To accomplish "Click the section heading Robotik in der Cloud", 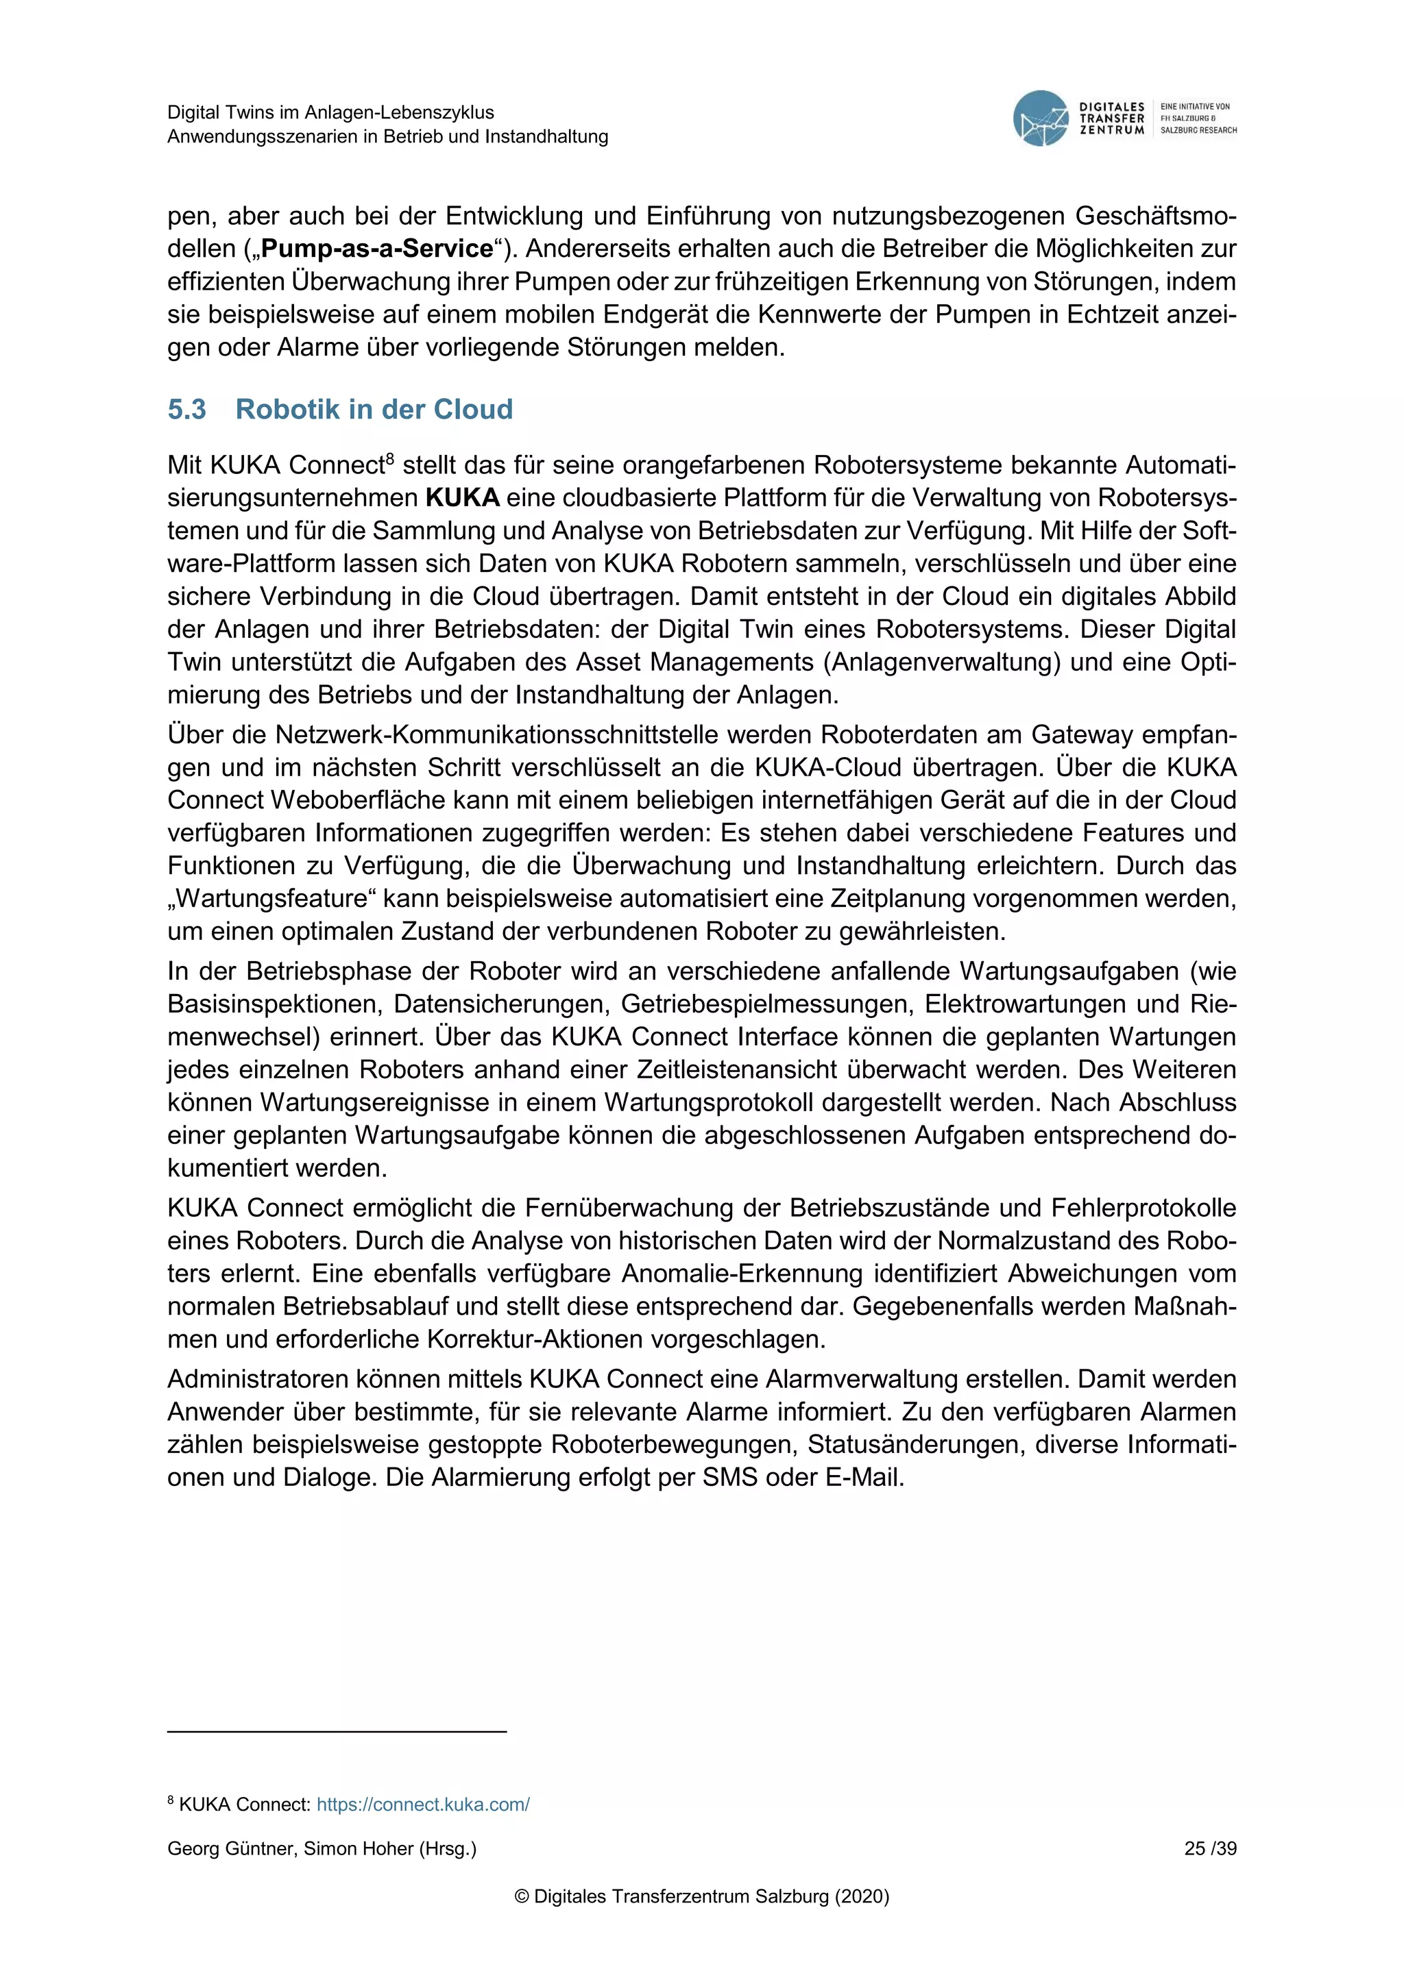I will pos(374,409).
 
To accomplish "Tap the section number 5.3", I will pos(186,409).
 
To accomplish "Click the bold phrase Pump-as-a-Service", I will pos(377,249).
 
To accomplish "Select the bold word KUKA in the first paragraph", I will pos(463,498).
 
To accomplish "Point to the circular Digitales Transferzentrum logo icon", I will pos(1040,119).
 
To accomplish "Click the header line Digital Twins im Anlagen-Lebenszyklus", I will pos(330,112).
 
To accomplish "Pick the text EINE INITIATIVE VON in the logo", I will pos(1195,106).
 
